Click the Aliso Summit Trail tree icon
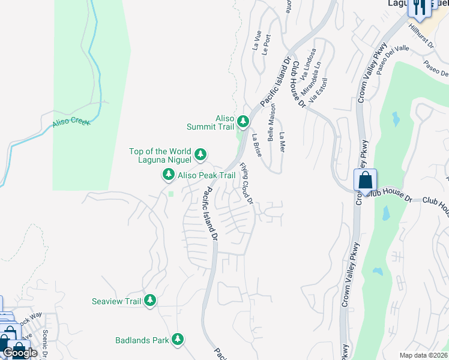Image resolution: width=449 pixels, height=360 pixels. coord(243,122)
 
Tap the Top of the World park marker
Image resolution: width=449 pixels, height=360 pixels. coord(200,155)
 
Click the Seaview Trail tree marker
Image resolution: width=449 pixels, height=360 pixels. coord(149,301)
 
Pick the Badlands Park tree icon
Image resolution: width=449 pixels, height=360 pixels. coord(178,340)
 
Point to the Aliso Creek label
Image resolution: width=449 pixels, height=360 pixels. coord(71,122)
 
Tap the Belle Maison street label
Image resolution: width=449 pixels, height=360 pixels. coord(272,122)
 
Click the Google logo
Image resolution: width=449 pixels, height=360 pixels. coord(20,353)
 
